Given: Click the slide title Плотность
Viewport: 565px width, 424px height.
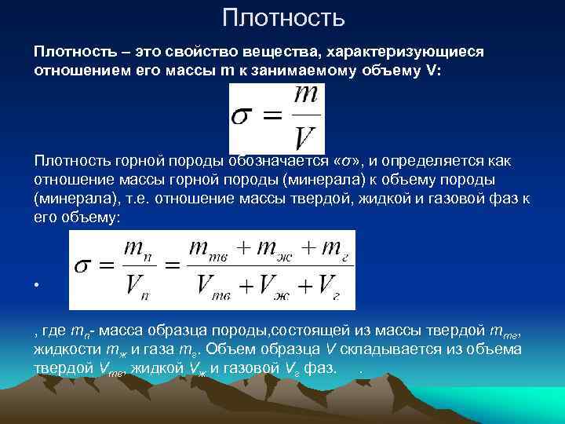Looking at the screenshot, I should [282, 16].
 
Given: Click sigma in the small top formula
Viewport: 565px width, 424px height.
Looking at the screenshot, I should [241, 119].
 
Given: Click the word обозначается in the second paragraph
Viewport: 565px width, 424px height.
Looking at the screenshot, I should [280, 161].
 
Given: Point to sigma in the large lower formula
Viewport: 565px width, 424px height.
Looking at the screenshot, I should [86, 268].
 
